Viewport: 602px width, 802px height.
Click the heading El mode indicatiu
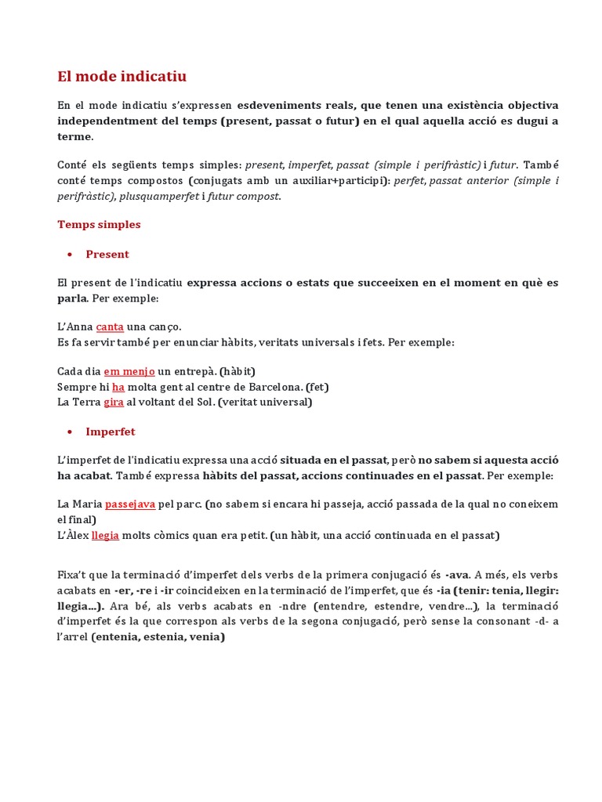click(122, 77)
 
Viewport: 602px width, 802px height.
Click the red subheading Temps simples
click(99, 225)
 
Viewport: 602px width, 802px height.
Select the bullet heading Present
click(107, 255)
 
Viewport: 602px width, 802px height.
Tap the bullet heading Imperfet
click(111, 432)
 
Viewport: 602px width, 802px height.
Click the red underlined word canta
click(110, 327)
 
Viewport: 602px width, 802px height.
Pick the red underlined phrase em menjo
click(129, 371)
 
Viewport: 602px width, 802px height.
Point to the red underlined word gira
click(113, 402)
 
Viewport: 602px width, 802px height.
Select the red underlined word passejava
click(129, 504)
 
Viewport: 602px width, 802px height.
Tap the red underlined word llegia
click(104, 536)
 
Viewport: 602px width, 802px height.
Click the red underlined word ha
click(118, 387)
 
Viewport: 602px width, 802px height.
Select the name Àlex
click(73, 536)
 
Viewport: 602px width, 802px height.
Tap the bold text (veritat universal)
click(265, 402)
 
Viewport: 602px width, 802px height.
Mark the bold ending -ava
click(456, 576)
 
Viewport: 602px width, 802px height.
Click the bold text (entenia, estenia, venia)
click(158, 637)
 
